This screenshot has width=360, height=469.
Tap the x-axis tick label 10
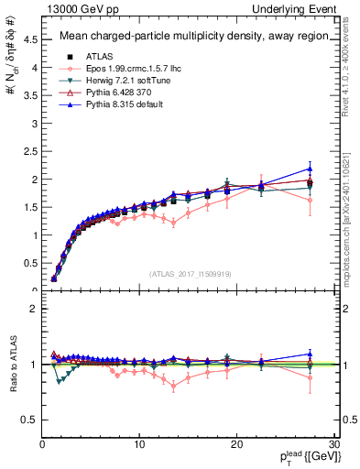tap(139, 444)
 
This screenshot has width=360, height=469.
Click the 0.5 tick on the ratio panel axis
tap(31, 420)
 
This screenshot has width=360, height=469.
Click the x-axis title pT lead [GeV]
tap(302, 457)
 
